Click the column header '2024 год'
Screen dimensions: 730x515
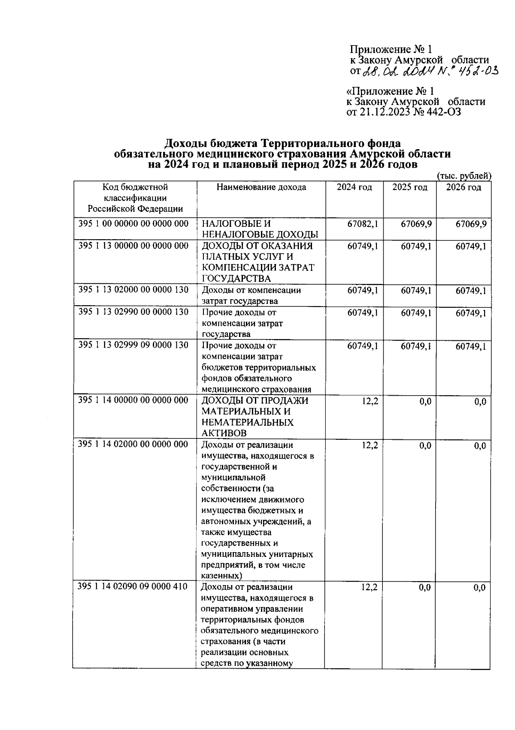point(354,187)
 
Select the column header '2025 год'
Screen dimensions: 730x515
point(410,187)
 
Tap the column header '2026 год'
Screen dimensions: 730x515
point(463,187)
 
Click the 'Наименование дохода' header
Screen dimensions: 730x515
point(261,187)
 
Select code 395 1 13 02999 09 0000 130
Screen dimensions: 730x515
point(133,345)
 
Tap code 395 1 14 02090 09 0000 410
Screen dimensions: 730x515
point(133,586)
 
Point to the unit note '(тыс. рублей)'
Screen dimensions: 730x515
point(463,176)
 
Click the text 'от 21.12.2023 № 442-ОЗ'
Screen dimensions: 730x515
point(403,112)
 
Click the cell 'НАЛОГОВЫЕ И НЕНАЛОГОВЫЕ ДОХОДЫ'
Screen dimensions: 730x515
point(260,229)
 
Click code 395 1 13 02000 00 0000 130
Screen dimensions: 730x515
point(133,290)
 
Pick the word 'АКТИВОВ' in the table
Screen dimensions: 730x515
point(224,433)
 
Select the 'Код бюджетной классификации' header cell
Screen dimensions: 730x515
point(135,198)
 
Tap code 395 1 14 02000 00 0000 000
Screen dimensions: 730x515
point(133,444)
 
